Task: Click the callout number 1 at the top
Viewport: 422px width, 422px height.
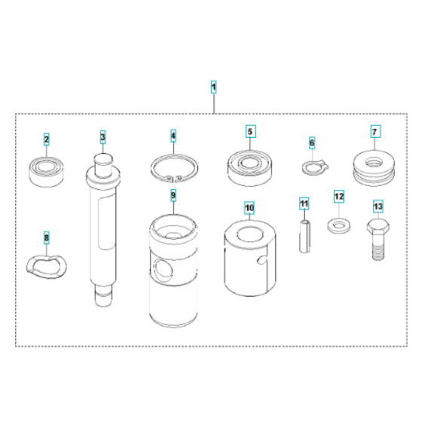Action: point(213,87)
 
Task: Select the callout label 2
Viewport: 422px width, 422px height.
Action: point(47,139)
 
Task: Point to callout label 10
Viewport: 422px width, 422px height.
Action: point(249,205)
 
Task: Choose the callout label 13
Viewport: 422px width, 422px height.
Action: point(378,204)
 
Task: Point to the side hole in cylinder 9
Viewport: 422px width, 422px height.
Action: point(161,268)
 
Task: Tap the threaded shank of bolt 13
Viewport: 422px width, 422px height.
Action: point(378,246)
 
